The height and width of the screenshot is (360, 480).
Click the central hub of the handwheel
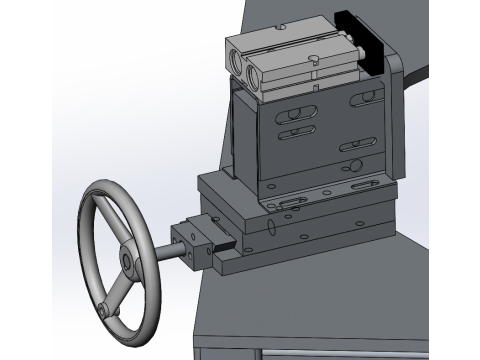coord(128,263)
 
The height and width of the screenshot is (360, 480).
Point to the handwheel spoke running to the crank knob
coord(115,290)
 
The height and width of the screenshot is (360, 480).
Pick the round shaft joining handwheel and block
coord(163,252)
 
